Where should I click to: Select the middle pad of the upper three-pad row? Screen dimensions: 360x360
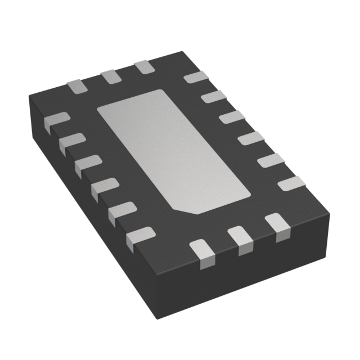tap(110, 76)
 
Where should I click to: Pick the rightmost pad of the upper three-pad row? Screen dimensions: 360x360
tap(144, 67)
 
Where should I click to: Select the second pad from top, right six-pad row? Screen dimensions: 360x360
tap(213, 97)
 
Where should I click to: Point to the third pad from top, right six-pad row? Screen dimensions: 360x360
tap(231, 117)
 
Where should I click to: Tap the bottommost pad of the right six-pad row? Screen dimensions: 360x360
tap(291, 183)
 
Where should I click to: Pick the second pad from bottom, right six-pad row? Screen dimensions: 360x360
tap(270, 160)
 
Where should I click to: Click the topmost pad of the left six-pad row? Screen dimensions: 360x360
tap(57, 120)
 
